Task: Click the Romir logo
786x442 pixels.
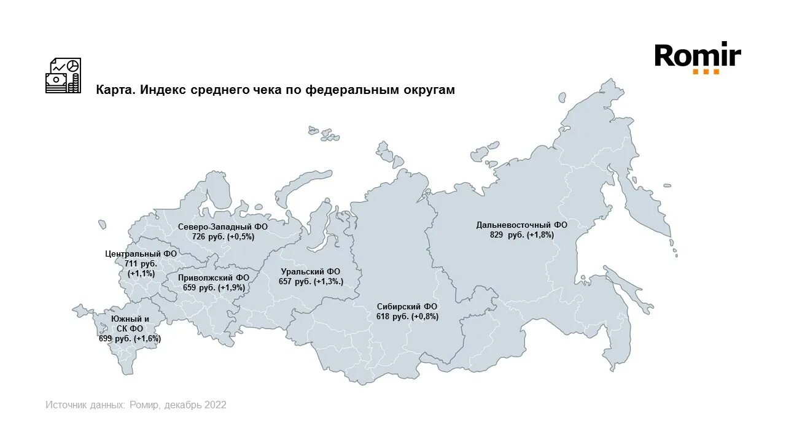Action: [x=698, y=56]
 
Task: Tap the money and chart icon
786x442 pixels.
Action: [x=63, y=76]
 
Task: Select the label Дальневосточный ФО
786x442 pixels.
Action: [x=521, y=225]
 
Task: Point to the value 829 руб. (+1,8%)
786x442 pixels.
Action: [x=522, y=235]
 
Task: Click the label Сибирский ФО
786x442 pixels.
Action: [x=407, y=306]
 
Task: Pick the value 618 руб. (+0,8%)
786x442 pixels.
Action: [x=407, y=317]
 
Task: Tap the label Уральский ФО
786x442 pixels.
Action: [x=310, y=271]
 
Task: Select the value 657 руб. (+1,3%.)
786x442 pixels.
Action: [x=310, y=281]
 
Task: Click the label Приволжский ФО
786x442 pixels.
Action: [x=214, y=277]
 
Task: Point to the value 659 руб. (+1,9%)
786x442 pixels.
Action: [x=214, y=287]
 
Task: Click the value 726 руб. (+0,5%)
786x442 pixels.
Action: [x=223, y=236]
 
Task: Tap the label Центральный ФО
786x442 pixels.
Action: [x=141, y=254]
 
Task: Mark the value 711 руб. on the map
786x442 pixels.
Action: [x=141, y=263]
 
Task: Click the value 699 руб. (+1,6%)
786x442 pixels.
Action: [x=130, y=338]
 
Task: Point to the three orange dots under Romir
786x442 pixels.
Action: [x=706, y=72]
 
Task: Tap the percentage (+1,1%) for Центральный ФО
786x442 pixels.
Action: [x=141, y=273]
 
